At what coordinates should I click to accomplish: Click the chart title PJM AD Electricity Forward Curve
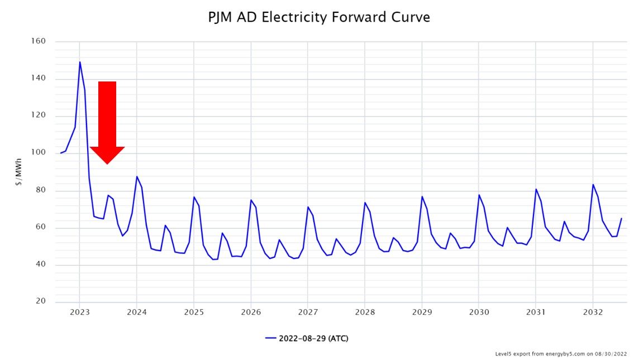pos(319,17)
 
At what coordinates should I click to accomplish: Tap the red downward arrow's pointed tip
pos(107,164)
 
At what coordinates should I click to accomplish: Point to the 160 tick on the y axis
pos(38,41)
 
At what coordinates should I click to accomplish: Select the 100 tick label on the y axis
pos(38,152)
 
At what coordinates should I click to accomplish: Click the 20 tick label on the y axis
pos(41,301)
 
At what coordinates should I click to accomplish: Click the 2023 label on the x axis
pos(79,313)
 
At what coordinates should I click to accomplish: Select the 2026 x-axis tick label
pos(251,313)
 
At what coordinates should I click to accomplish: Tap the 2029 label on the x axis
pos(422,313)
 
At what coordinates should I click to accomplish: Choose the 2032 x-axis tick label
pos(593,313)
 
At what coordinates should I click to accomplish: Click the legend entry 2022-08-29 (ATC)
pos(307,338)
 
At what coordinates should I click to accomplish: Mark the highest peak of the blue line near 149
pos(80,62)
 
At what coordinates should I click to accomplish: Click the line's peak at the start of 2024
pos(137,176)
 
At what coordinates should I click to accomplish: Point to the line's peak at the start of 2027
pos(308,207)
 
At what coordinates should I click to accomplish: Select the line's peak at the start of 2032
pos(593,184)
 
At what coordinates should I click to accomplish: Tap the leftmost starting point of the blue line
pos(60,153)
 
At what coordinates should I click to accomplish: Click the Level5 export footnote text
pos(561,354)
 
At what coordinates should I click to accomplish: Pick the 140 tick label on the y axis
pos(38,79)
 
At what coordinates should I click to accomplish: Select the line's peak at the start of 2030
pos(479,195)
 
